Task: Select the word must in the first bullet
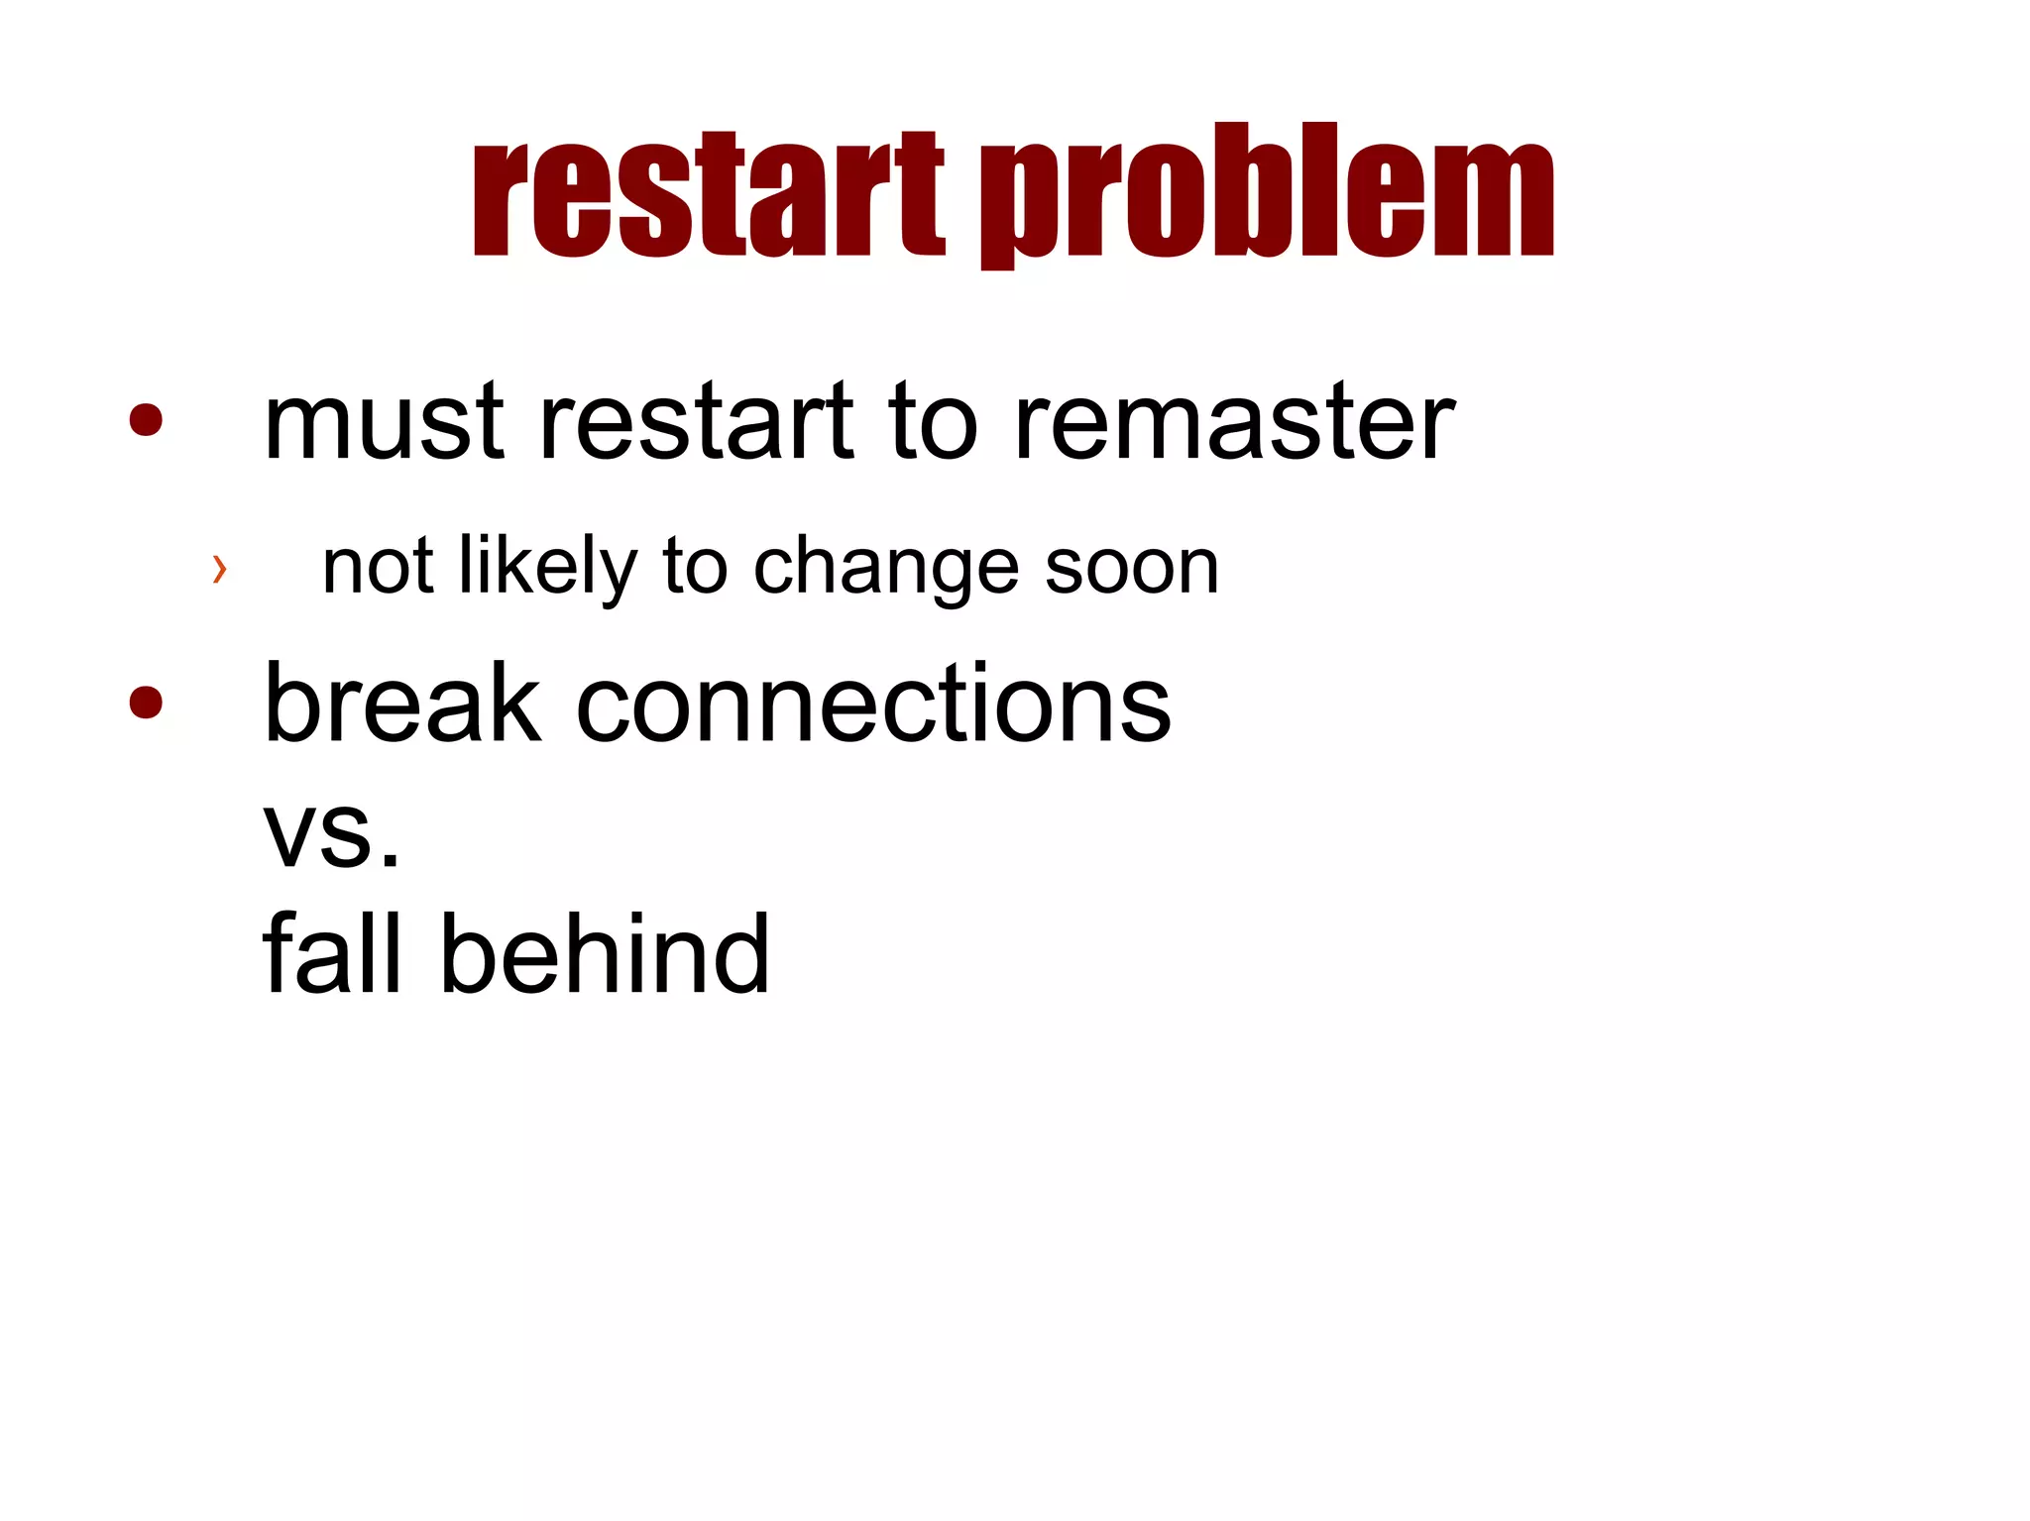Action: (385, 424)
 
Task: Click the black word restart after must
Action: (695, 424)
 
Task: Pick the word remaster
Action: (1234, 424)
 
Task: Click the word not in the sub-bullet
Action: (378, 568)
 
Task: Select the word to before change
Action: (695, 568)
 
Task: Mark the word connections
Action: (873, 704)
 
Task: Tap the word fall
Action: (332, 953)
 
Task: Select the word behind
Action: (604, 953)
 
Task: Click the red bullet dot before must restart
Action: (146, 419)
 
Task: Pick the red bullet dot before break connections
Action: (146, 702)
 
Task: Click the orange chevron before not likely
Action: (220, 569)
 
